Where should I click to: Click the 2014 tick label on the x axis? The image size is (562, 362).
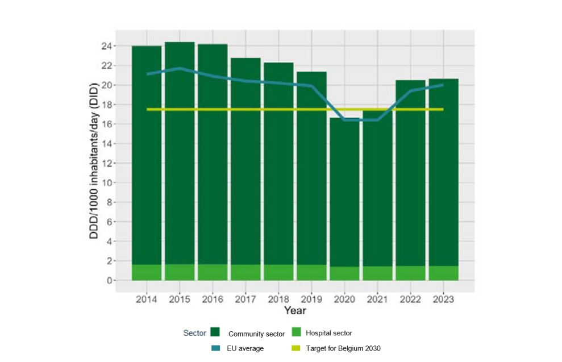pos(147,299)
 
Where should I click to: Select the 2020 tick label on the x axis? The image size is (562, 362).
pos(344,299)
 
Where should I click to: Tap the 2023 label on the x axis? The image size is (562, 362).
pos(443,299)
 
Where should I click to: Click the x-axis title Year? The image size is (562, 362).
pos(295,310)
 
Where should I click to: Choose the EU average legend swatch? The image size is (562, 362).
pos(215,348)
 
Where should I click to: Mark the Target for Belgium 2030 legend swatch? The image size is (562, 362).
pos(295,348)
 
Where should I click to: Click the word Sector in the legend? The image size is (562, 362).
pos(194,333)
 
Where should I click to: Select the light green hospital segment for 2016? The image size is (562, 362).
pos(213,272)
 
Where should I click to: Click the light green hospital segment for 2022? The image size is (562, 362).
pos(410,273)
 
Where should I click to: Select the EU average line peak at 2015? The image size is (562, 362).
pos(180,68)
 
